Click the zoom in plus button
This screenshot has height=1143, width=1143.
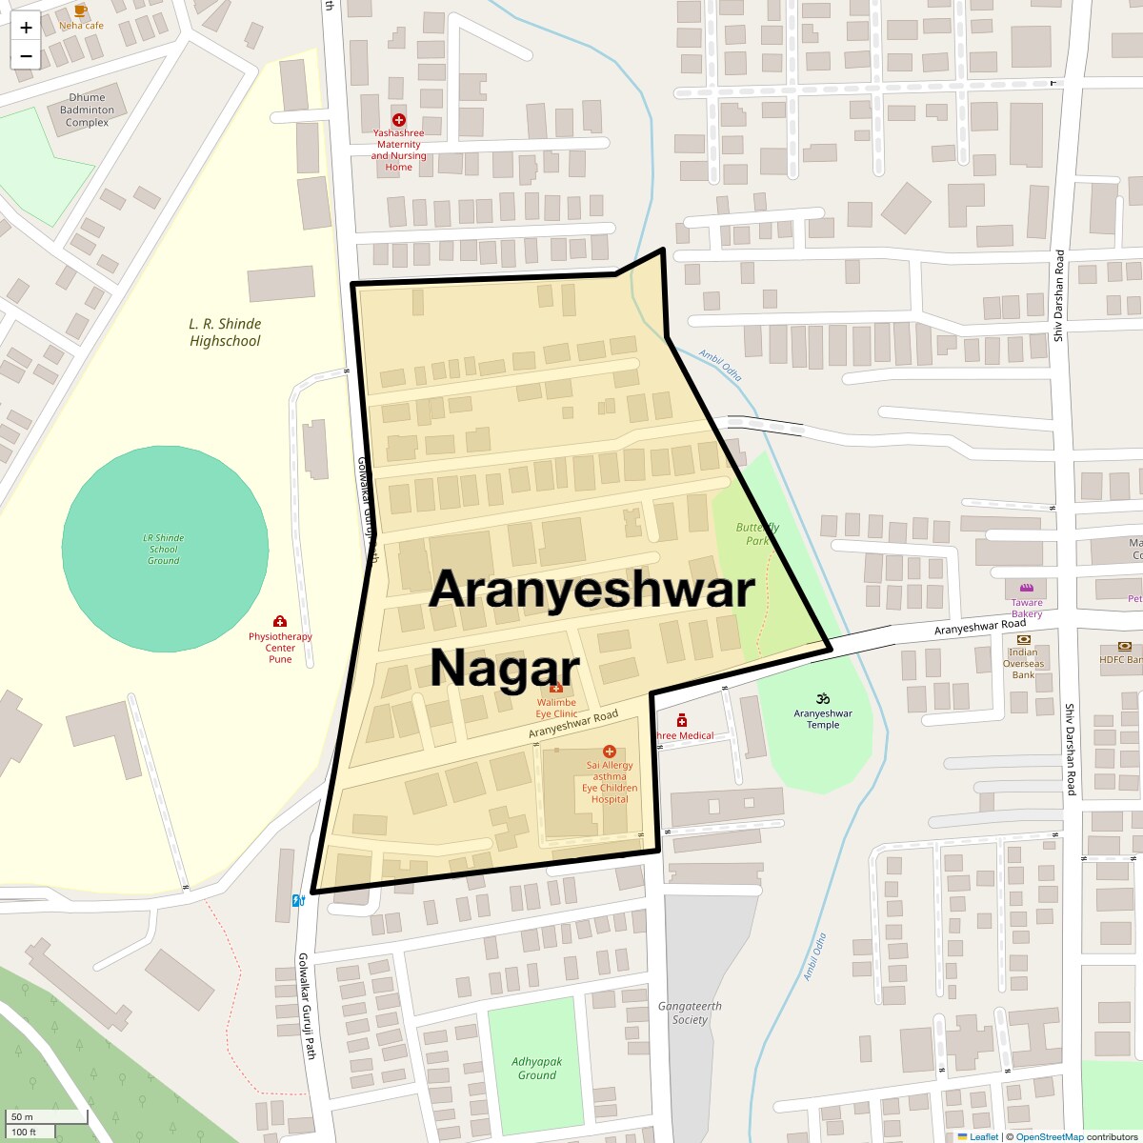[26, 28]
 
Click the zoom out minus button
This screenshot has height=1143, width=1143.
[26, 56]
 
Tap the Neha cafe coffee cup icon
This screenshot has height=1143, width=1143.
[81, 10]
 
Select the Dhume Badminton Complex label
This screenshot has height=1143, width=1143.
[87, 110]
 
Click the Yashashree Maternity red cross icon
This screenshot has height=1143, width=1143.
[399, 120]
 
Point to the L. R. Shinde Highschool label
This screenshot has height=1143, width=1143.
[225, 332]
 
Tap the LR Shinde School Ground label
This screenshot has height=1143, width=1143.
[164, 550]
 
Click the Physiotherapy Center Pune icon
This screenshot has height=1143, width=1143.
[280, 621]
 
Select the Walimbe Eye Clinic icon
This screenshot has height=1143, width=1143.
[556, 688]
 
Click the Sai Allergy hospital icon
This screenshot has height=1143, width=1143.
[610, 752]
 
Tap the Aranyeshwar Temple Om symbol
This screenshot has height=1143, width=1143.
[823, 698]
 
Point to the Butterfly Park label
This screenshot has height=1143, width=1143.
[757, 534]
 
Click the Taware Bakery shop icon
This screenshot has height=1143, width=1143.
[1026, 588]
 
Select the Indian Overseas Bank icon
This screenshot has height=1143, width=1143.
[1023, 639]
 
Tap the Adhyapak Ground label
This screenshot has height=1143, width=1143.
[536, 1068]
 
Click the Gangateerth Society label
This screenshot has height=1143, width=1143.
[690, 1013]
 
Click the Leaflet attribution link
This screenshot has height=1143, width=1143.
[983, 1136]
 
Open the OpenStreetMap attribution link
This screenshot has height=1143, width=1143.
[1049, 1136]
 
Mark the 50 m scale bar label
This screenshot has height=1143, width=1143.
[22, 1116]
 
